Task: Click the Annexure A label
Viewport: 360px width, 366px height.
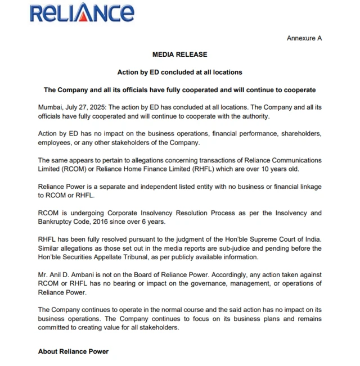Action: pyautogui.click(x=304, y=38)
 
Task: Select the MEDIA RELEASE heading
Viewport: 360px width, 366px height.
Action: pyautogui.click(x=180, y=55)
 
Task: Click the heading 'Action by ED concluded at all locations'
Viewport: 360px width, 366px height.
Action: pyautogui.click(x=179, y=72)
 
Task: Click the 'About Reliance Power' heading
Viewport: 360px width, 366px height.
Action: pyautogui.click(x=73, y=351)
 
